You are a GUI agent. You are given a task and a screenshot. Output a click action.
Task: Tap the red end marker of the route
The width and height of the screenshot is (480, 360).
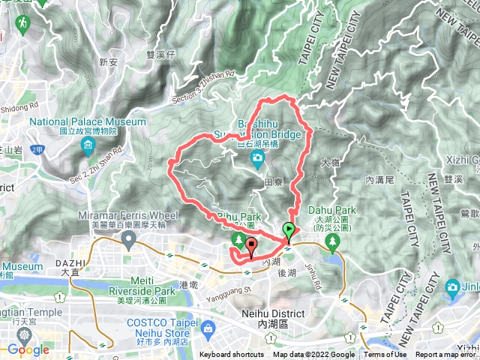tap(250, 244)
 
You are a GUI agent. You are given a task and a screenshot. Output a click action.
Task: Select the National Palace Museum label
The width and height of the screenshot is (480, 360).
tap(88, 121)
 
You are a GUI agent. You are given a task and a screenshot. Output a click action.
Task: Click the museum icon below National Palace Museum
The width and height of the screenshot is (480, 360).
tap(88, 144)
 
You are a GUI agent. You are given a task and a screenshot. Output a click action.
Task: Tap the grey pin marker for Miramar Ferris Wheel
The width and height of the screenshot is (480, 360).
tap(128, 240)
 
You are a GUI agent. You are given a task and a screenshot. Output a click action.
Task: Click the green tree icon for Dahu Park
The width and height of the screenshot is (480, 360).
tap(334, 240)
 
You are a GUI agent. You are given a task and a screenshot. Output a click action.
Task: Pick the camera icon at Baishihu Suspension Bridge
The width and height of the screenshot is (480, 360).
tap(257, 157)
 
